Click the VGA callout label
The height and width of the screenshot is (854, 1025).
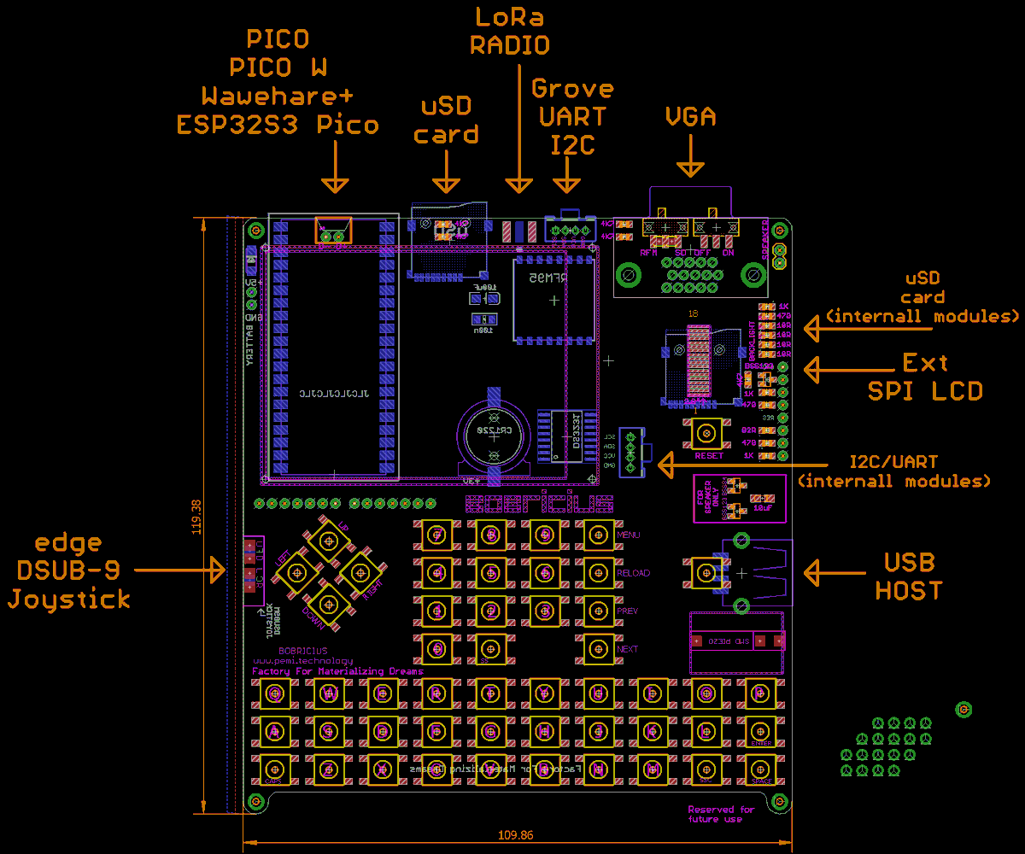tap(690, 116)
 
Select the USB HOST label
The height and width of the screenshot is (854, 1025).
tap(909, 576)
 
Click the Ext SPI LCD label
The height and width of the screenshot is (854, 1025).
tap(925, 377)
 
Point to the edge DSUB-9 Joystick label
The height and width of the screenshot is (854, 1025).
tap(69, 570)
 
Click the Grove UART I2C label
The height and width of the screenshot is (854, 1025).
tap(572, 117)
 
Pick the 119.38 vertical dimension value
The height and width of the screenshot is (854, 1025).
tap(197, 517)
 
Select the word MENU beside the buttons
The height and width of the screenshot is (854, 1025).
tap(628, 535)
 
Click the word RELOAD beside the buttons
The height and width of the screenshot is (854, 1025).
tap(633, 573)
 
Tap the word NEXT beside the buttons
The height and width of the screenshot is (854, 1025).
tap(628, 649)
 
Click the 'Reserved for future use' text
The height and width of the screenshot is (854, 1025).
tap(721, 814)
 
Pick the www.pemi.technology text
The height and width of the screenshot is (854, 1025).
tap(302, 661)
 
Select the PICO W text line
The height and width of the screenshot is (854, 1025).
tap(278, 67)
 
